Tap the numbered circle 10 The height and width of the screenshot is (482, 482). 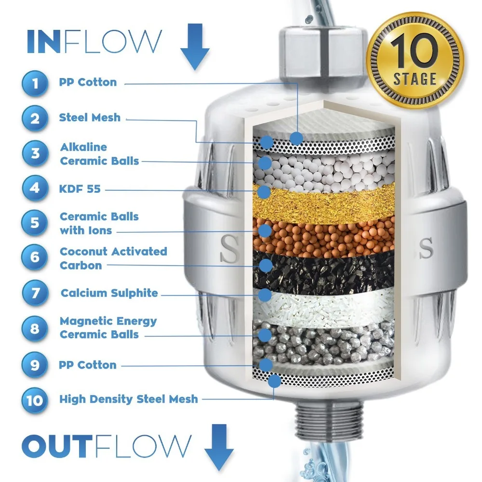pyautogui.click(x=35, y=400)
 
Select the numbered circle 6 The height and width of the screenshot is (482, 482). pyautogui.click(x=35, y=258)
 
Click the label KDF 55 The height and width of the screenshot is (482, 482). pyautogui.click(x=80, y=188)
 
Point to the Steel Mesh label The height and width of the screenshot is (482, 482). pyautogui.click(x=90, y=117)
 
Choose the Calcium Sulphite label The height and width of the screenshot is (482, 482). pyautogui.click(x=109, y=293)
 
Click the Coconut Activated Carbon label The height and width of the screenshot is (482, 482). pyautogui.click(x=113, y=258)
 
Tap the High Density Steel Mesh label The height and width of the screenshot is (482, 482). pyautogui.click(x=128, y=399)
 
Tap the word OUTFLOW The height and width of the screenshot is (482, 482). pyautogui.click(x=106, y=446)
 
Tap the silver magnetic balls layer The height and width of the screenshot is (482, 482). pyautogui.click(x=328, y=340)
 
